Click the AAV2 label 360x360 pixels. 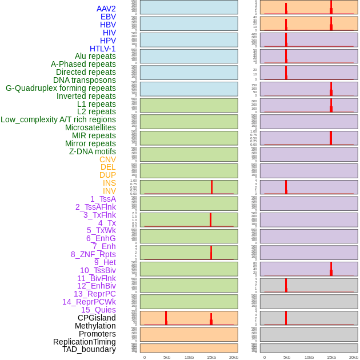pyautogui.click(x=106, y=9)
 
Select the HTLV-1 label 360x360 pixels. pyautogui.click(x=102, y=49)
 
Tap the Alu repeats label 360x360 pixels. pyautogui.click(x=95, y=56)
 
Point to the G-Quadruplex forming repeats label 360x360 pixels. pyautogui.click(x=61, y=88)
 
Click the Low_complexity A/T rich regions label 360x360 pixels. pyautogui.click(x=58, y=119)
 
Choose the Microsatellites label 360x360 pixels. pyautogui.click(x=90, y=127)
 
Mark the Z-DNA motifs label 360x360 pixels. pyautogui.click(x=93, y=151)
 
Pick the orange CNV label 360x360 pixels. pyautogui.click(x=107, y=159)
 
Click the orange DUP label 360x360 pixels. pyautogui.click(x=107, y=175)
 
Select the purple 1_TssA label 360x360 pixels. pyautogui.click(x=103, y=199)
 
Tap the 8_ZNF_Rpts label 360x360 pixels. pyautogui.click(x=93, y=254)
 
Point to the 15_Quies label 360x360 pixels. pyautogui.click(x=98, y=310)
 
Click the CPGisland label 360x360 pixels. pyautogui.click(x=97, y=318)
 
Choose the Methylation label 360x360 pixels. pyautogui.click(x=95, y=326)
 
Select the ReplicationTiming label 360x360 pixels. pyautogui.click(x=85, y=342)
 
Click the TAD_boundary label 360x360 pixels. pyautogui.click(x=89, y=349)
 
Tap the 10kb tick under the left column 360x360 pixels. pyautogui.click(x=189, y=357)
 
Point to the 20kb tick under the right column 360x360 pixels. pyautogui.click(x=354, y=357)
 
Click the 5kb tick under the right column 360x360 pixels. pyautogui.click(x=287, y=357)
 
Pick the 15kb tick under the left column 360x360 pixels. pyautogui.click(x=211, y=357)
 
